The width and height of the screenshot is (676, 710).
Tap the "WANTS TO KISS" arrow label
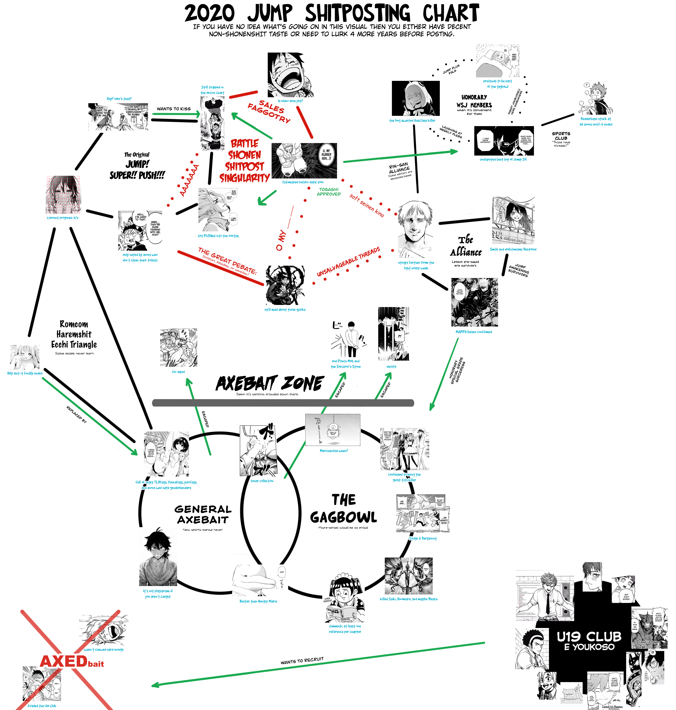tap(174, 108)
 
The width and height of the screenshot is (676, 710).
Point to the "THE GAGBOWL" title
tap(343, 509)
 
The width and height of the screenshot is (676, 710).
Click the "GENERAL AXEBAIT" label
tap(203, 514)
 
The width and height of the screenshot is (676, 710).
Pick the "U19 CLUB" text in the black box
tap(589, 636)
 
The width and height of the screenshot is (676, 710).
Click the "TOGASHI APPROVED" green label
tap(329, 192)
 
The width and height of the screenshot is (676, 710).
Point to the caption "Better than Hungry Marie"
tap(258, 601)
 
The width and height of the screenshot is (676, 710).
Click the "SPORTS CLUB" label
tap(561, 136)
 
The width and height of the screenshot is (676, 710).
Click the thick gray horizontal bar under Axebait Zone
tap(283, 403)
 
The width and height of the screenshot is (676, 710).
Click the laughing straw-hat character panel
tap(290, 75)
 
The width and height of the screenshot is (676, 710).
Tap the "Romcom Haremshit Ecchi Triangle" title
tap(74, 334)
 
